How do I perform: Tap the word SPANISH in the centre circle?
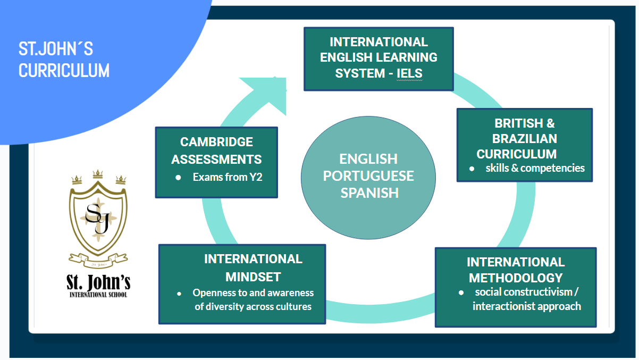coord(369,192)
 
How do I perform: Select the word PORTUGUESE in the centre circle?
coord(368,175)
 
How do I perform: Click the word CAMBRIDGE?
coord(216,142)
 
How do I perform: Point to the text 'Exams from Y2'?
coord(228,177)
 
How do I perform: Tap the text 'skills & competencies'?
coord(535,168)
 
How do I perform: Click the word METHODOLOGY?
coord(516,278)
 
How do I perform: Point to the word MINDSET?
coord(253,277)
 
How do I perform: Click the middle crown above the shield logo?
coord(97,174)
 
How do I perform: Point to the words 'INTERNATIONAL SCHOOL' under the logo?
coord(98,294)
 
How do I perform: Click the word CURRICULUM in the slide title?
coord(64,70)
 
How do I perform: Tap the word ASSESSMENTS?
coord(216,159)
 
